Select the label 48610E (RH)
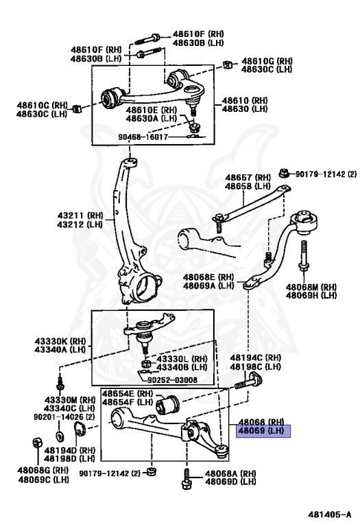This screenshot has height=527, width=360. click(x=150, y=109)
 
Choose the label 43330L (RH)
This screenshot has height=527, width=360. click(x=181, y=358)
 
